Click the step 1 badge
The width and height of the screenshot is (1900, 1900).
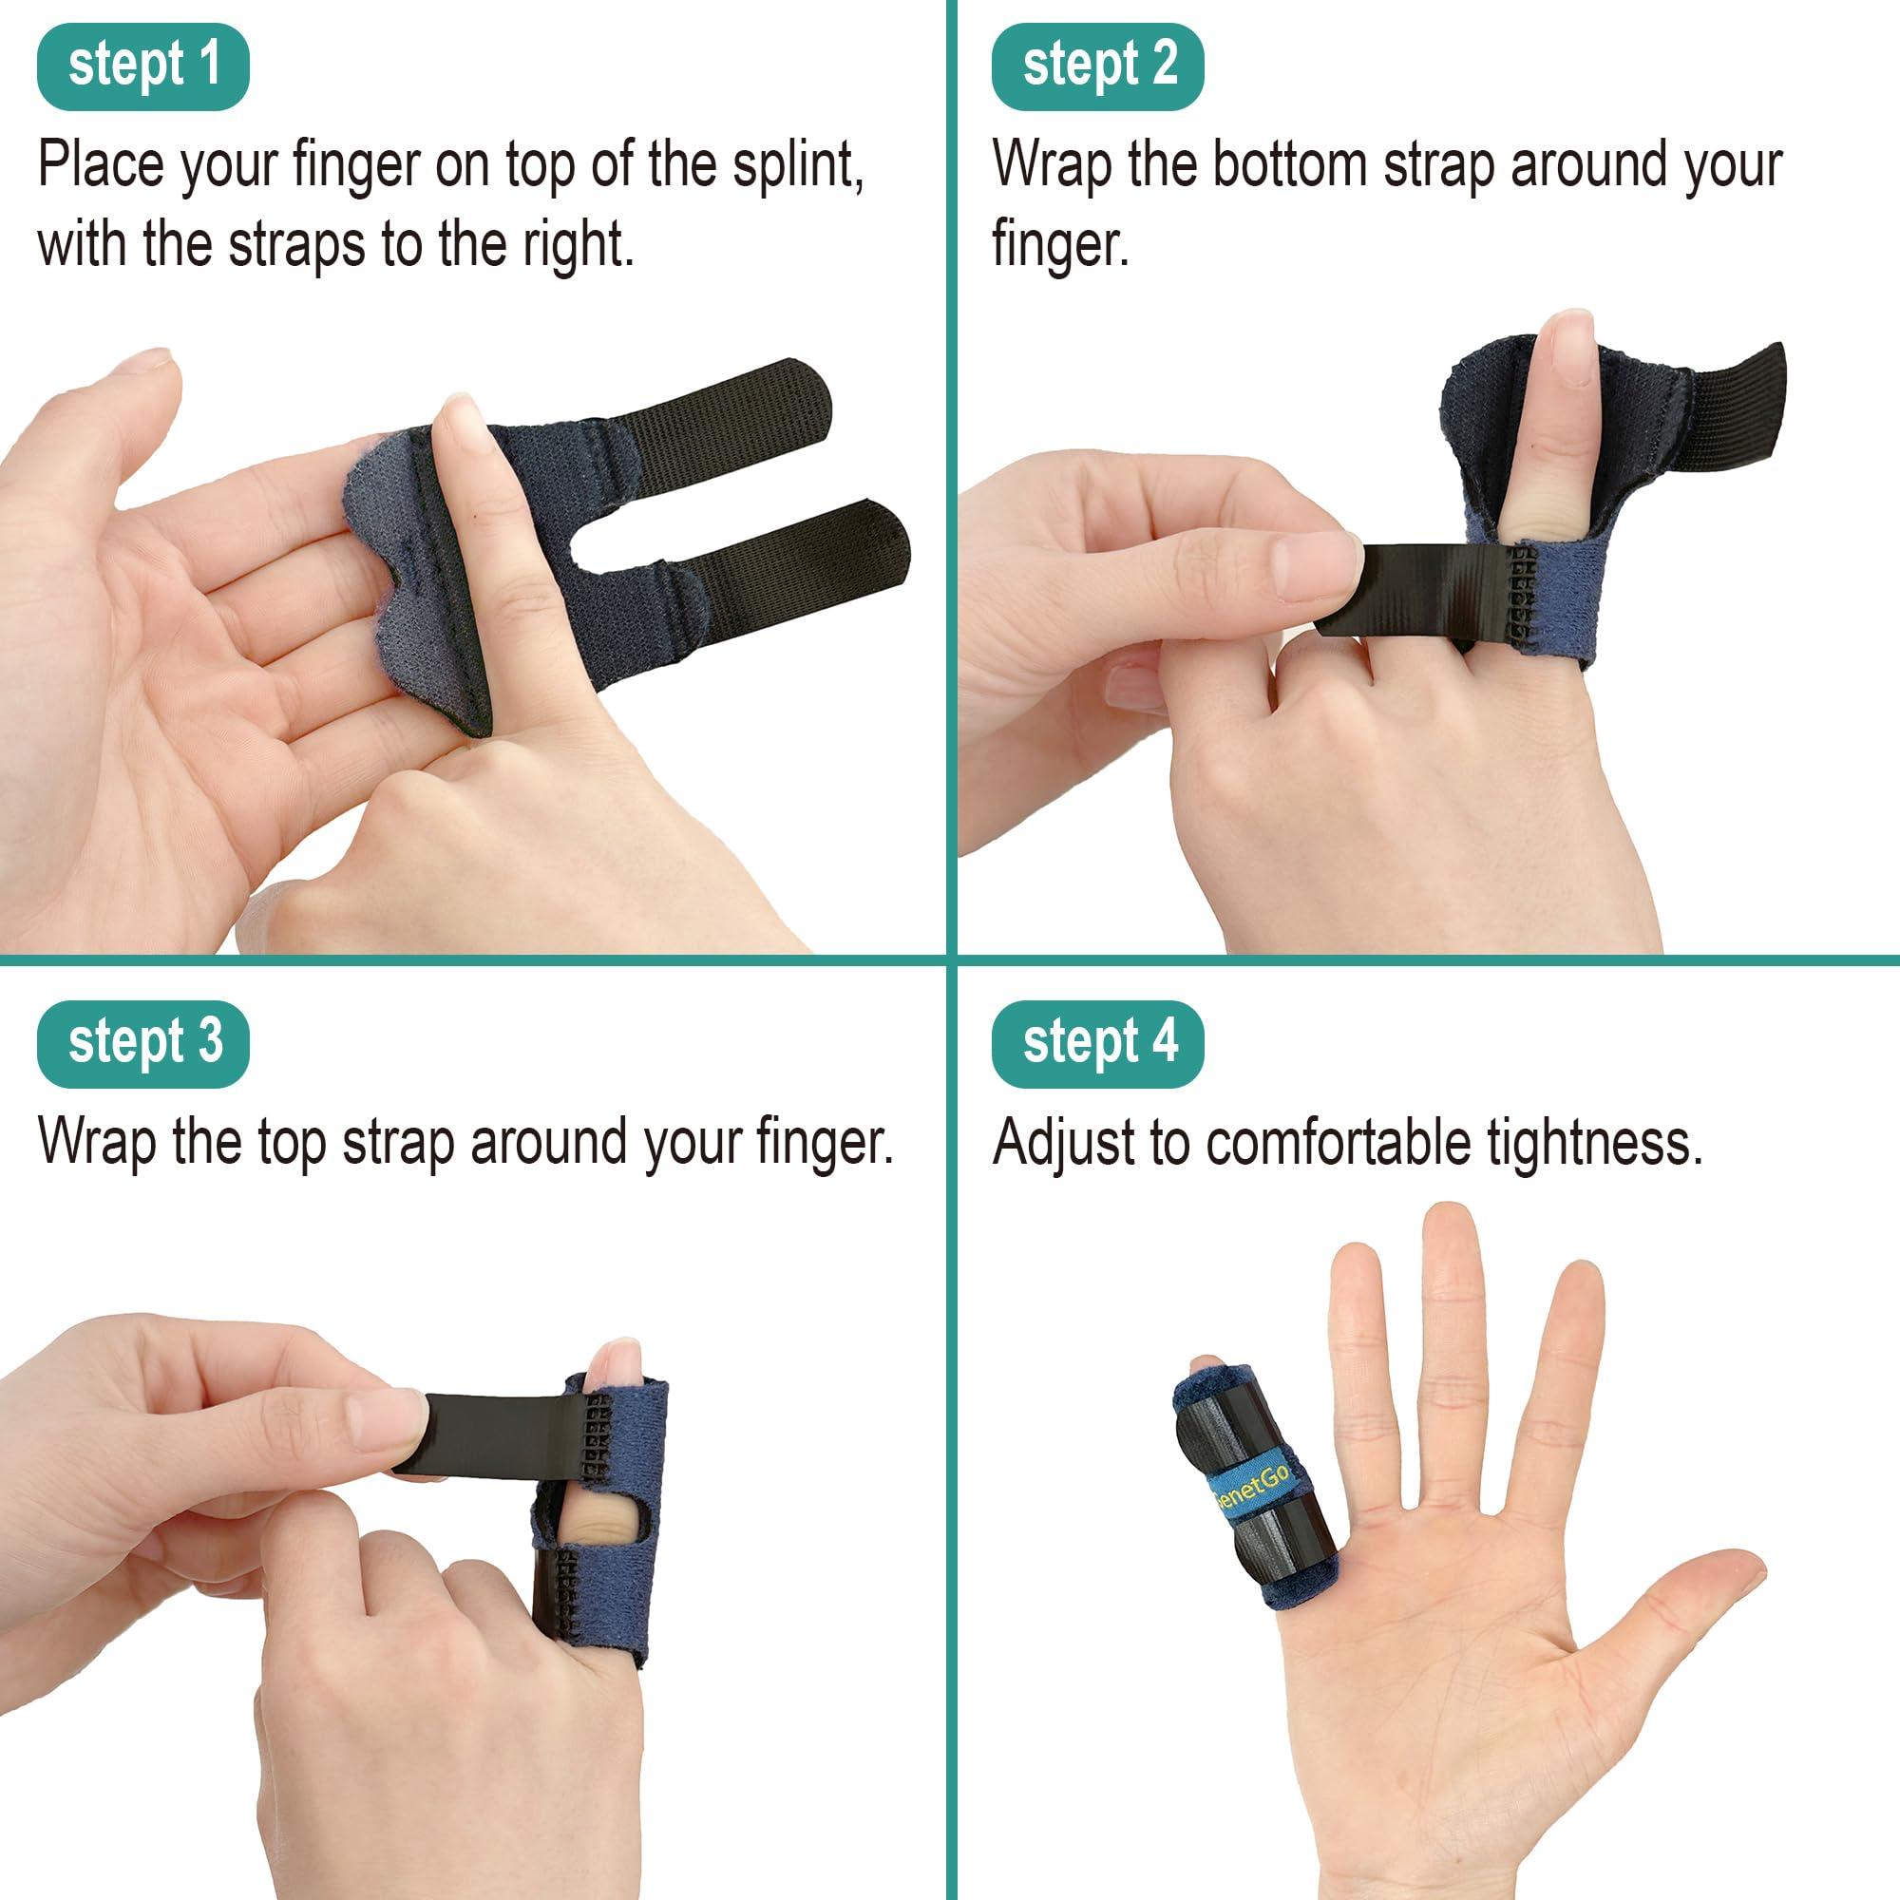pyautogui.click(x=142, y=66)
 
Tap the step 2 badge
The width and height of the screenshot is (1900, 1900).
pyautogui.click(x=1097, y=66)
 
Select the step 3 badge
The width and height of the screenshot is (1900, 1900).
pyautogui.click(x=142, y=1043)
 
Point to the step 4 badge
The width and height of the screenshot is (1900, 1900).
pyautogui.click(x=1097, y=1043)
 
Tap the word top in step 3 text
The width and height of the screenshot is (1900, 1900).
pyautogui.click(x=291, y=1142)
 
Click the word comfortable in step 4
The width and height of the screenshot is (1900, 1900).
pyautogui.click(x=1340, y=1142)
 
